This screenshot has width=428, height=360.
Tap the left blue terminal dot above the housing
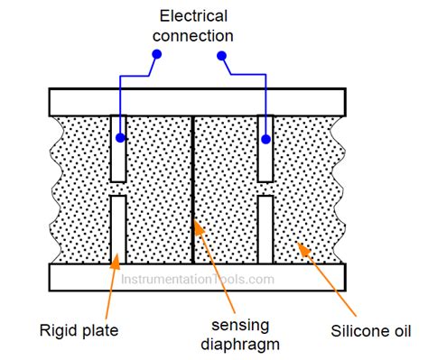tap(156, 54)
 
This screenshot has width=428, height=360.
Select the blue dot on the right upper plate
tap(266, 139)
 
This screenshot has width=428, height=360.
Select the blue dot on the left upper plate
tap(120, 139)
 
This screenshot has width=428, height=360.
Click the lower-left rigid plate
tap(117, 230)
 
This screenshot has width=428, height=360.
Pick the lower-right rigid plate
tap(266, 230)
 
